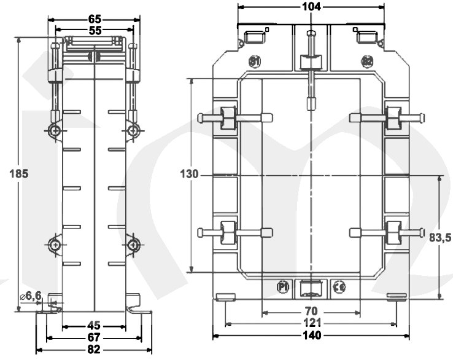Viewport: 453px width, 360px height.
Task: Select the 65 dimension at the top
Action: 95,18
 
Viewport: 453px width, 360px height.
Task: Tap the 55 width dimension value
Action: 95,29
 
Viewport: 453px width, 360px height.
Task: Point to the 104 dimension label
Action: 311,7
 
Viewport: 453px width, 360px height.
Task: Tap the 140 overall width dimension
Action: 311,336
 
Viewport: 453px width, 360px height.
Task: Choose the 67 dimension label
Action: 94,338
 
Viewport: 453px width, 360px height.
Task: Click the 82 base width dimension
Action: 94,350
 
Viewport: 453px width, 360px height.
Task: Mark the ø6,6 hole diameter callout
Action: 30,295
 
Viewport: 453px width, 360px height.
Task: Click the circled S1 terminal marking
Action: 255,61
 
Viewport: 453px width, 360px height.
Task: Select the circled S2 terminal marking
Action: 367,61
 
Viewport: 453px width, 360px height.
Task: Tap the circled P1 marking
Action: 283,287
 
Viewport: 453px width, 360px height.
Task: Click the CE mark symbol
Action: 338,287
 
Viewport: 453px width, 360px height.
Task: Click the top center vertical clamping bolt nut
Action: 311,62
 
